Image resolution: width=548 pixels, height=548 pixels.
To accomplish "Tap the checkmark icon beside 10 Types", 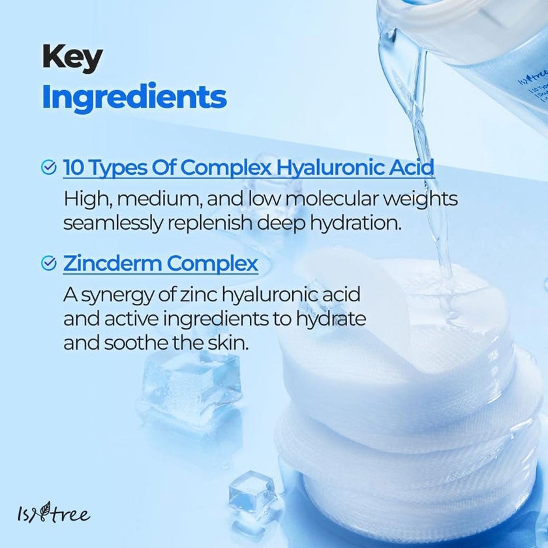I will click(x=48, y=168).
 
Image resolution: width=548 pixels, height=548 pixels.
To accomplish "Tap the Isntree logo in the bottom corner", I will click(x=54, y=515).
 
